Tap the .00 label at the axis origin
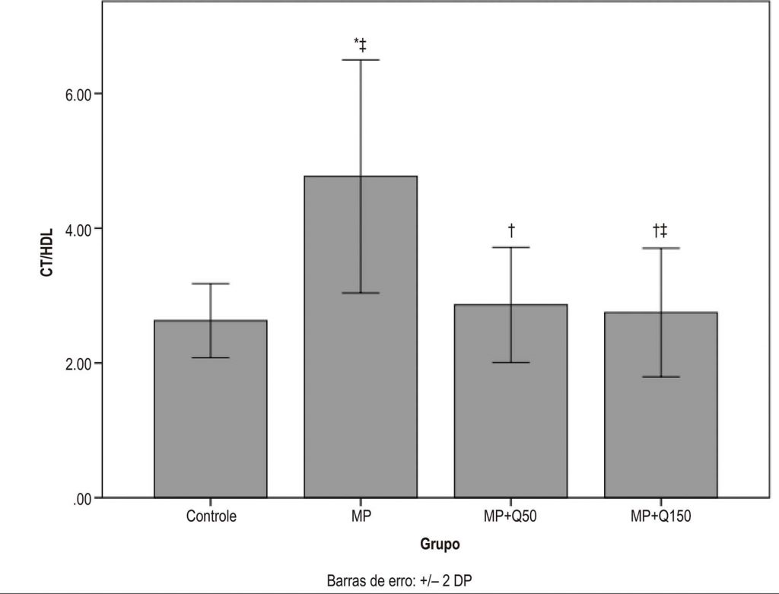click(81, 498)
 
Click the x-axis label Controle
click(211, 517)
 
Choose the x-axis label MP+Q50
click(510, 517)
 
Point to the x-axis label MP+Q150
click(660, 517)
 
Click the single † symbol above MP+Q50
click(511, 230)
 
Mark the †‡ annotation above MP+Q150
click(660, 230)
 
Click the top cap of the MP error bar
click(361, 60)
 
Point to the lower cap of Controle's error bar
click(211, 357)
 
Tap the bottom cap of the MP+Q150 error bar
click(660, 377)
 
